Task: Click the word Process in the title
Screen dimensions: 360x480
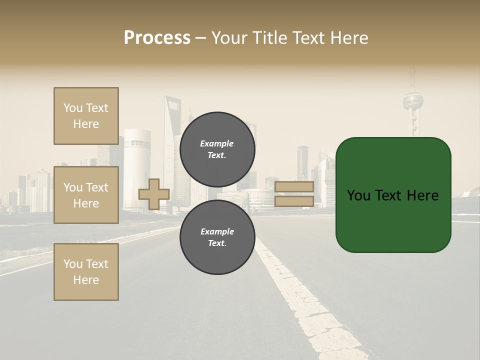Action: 157,38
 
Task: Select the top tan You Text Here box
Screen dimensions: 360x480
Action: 86,116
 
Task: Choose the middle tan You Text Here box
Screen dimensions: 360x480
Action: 86,195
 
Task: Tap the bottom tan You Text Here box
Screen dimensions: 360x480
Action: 86,272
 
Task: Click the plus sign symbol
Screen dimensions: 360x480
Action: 154,194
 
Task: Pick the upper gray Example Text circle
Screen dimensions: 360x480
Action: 217,149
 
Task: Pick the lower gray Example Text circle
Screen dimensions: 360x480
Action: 217,237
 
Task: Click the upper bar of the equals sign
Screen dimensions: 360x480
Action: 294,187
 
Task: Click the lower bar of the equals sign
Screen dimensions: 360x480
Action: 294,201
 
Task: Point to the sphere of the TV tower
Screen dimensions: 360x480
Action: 413,100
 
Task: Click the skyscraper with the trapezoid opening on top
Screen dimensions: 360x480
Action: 173,130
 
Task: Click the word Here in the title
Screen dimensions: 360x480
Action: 348,38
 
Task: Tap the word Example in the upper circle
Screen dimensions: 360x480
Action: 217,144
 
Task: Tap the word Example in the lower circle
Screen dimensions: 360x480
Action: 217,232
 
